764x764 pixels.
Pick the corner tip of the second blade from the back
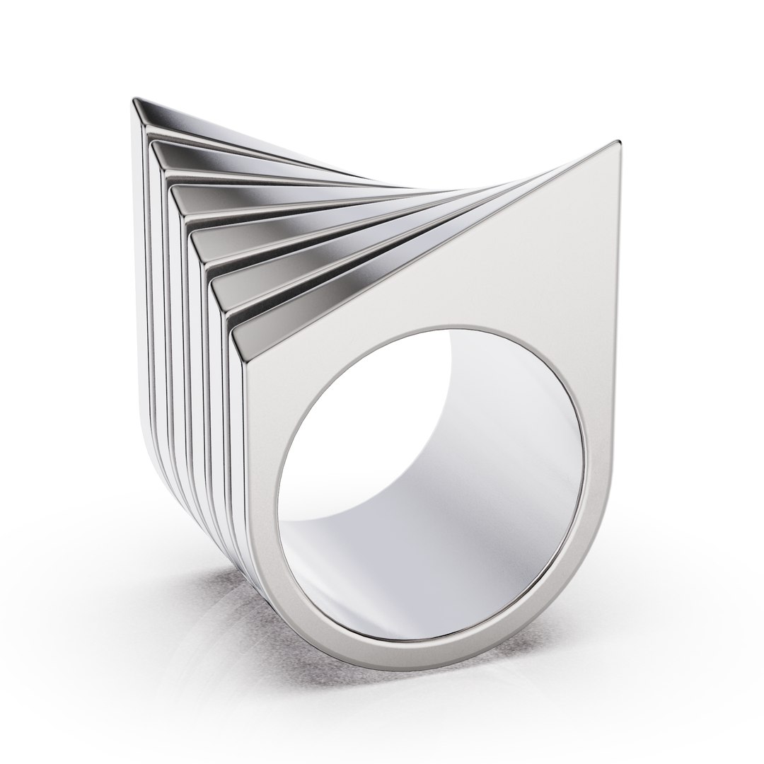[x=151, y=143]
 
